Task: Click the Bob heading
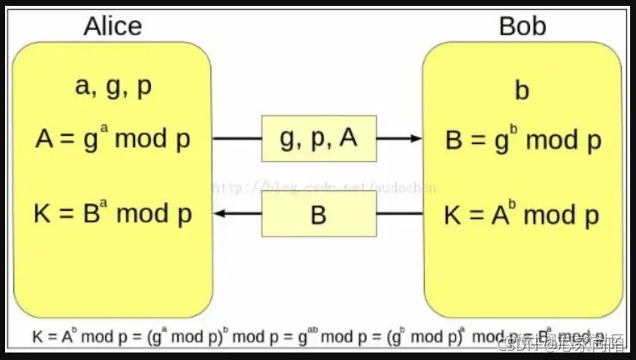coord(522,26)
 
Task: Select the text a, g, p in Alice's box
coord(113,87)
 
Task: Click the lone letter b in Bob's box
coord(522,89)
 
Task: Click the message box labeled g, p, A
coord(318,137)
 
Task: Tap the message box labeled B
coord(318,215)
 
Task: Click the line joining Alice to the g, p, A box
coord(237,137)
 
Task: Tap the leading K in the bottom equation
coord(38,337)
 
